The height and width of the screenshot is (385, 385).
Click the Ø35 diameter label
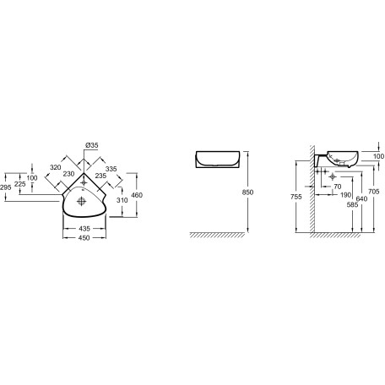(x=92, y=145)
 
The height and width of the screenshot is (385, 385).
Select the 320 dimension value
(x=56, y=167)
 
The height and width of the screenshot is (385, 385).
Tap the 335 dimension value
(x=111, y=169)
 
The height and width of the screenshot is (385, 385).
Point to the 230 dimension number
(x=68, y=174)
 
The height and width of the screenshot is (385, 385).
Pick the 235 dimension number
(x=100, y=176)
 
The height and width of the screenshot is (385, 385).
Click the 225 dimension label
(x=20, y=184)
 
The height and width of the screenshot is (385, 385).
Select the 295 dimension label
(x=6, y=187)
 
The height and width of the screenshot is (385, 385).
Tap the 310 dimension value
(x=122, y=200)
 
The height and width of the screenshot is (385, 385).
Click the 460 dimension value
(x=137, y=195)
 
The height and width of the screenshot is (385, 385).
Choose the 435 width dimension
(x=84, y=229)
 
